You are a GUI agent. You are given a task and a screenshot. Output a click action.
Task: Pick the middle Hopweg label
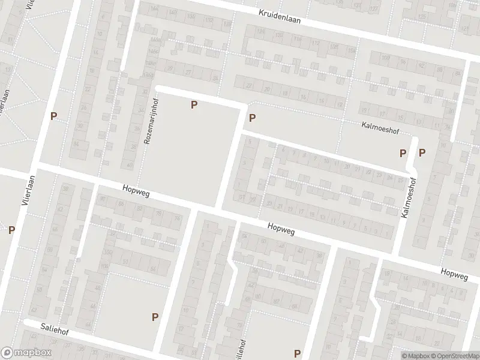click(x=281, y=228)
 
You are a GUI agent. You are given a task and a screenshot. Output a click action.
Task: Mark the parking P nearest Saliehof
click(x=155, y=317)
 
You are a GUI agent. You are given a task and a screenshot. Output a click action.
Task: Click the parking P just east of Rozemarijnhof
click(x=194, y=105)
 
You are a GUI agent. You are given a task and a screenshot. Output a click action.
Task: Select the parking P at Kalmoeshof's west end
click(x=252, y=118)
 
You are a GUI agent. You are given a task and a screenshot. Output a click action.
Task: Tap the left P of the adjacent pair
click(x=403, y=153)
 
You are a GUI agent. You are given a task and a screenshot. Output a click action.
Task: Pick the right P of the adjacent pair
click(x=422, y=152)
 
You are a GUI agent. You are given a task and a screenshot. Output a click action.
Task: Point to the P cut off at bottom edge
click(x=296, y=354)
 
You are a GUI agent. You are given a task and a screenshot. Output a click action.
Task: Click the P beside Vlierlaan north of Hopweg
click(x=54, y=116)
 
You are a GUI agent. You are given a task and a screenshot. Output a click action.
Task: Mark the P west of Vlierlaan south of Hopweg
click(x=11, y=229)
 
